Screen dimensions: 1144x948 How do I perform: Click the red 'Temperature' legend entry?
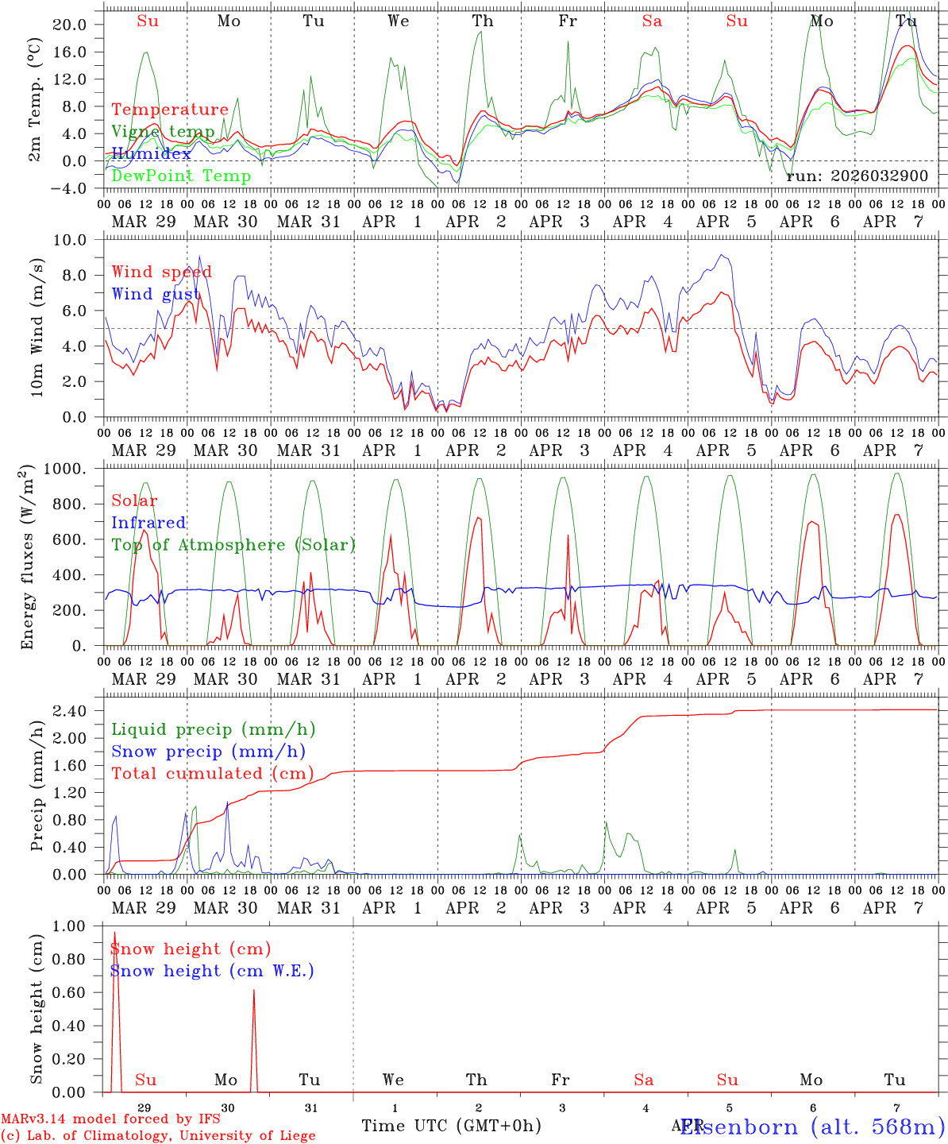pyautogui.click(x=170, y=110)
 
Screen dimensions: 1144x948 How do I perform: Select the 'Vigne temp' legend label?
pyautogui.click(x=163, y=132)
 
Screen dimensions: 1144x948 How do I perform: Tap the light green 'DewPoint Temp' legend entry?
pyautogui.click(x=181, y=176)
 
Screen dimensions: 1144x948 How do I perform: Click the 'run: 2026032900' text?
pyautogui.click(x=857, y=176)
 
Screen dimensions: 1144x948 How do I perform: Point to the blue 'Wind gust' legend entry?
pyautogui.click(x=156, y=294)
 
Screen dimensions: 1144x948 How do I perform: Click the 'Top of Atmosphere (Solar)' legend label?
pyautogui.click(x=233, y=545)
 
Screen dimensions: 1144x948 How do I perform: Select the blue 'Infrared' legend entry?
pyautogui.click(x=148, y=523)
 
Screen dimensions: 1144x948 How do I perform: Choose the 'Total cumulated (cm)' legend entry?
pyautogui.click(x=212, y=773)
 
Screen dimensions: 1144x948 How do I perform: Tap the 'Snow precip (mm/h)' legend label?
pyautogui.click(x=208, y=752)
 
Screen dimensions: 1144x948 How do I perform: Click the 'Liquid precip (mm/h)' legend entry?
pyautogui.click(x=214, y=729)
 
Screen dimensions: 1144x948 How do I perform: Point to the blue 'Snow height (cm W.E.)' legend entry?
pyautogui.click(x=212, y=971)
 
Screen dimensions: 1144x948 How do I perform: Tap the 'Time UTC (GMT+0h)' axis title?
pyautogui.click(x=451, y=1126)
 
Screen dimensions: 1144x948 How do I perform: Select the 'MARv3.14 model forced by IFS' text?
pyautogui.click(x=110, y=1119)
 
